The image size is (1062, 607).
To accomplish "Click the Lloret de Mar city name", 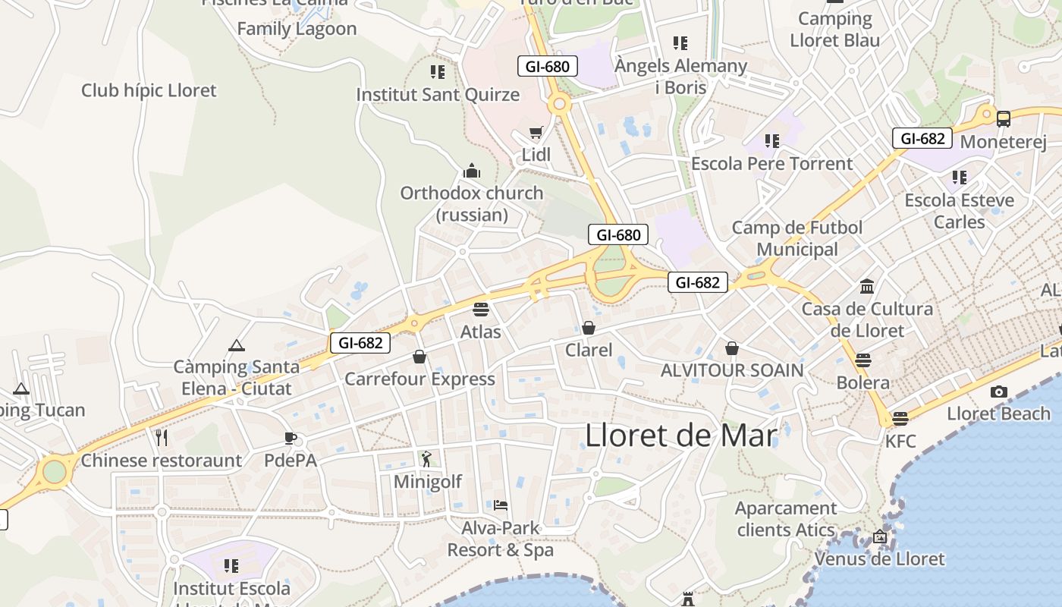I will [681, 436].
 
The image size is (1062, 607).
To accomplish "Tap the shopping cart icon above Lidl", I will [536, 133].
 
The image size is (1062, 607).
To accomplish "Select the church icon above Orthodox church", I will [472, 170].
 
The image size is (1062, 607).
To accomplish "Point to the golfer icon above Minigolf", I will [426, 458].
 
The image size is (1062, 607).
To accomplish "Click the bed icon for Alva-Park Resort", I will [501, 505].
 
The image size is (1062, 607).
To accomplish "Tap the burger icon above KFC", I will [900, 418].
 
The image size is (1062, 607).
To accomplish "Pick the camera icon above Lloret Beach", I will [999, 392].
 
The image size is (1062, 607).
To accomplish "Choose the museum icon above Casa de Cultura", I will [867, 286].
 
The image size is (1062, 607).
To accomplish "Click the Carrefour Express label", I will [419, 379].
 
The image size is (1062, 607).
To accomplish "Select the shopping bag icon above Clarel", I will [589, 328].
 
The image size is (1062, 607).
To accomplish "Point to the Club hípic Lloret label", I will [149, 90].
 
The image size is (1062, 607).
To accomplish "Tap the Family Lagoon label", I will [297, 29].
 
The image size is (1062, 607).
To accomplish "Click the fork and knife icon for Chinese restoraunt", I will [161, 437].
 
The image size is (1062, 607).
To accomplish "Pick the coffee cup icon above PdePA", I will [290, 437].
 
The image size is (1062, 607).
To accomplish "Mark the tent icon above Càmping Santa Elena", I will [236, 345].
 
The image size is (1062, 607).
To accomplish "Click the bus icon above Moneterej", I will [1004, 119].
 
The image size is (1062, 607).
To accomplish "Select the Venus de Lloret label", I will [880, 559].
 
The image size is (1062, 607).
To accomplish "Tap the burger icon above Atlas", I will [481, 309].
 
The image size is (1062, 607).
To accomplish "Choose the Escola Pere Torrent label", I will [771, 164].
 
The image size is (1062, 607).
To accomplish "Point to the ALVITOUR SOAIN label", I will [732, 370].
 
